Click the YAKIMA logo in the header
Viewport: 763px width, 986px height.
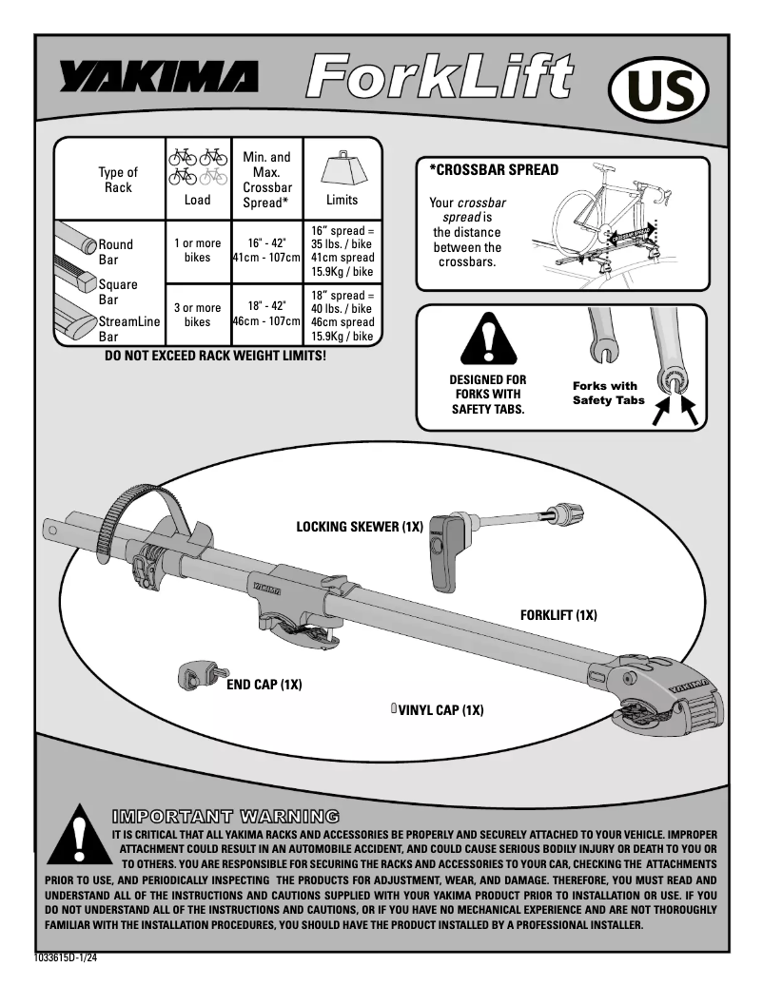158,77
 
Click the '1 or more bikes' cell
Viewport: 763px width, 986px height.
197,251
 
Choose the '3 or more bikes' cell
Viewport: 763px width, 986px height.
197,315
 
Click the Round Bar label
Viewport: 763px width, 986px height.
116,252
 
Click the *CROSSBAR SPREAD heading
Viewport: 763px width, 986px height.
493,170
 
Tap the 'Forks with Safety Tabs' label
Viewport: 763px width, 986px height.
608,393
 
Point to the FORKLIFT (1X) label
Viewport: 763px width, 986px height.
558,615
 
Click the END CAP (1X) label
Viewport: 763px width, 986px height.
264,685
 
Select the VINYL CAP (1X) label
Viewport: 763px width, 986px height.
440,709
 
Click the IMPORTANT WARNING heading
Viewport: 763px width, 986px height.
225,815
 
